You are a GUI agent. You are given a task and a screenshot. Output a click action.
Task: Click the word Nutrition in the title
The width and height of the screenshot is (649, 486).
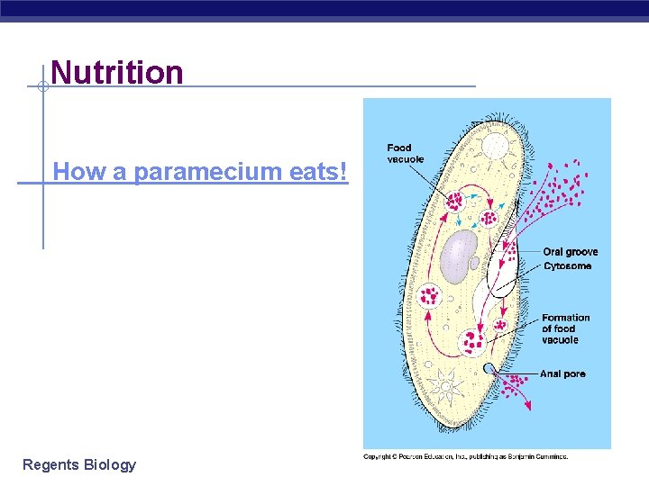(117, 72)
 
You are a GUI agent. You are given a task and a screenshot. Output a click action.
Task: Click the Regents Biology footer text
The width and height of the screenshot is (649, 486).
(79, 464)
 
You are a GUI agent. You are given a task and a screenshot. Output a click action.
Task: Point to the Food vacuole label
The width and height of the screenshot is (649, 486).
(405, 153)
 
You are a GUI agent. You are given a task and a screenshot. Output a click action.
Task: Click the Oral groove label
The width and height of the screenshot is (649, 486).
(570, 252)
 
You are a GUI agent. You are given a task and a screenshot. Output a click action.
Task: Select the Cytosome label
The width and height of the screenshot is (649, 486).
(567, 266)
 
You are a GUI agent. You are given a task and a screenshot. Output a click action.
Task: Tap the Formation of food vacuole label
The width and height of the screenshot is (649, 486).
(565, 328)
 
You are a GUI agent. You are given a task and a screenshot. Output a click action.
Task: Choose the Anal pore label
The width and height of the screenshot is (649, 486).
(562, 373)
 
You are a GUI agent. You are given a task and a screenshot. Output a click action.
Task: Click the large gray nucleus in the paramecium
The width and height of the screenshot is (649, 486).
(461, 253)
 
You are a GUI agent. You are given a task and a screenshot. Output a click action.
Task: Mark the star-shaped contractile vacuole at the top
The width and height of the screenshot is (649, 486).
(494, 146)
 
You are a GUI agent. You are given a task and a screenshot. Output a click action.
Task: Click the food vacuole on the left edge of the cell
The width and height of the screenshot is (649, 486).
(428, 294)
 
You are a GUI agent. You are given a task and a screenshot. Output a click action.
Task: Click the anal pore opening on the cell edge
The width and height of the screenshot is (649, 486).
(489, 369)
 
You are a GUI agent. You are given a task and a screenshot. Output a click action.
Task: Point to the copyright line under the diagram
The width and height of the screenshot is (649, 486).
(465, 457)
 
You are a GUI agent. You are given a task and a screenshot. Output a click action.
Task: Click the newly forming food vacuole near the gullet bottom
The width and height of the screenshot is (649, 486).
(497, 325)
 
